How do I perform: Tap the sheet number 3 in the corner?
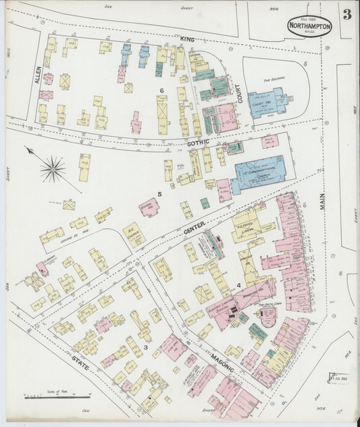coord(346,15)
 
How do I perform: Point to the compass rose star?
coord(53,169)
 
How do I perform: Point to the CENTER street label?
coord(193,232)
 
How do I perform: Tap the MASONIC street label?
coord(221,361)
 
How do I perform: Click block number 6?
coord(162,90)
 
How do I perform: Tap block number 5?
coord(159,195)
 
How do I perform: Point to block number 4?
coord(238,285)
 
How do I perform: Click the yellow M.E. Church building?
coord(134,234)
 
